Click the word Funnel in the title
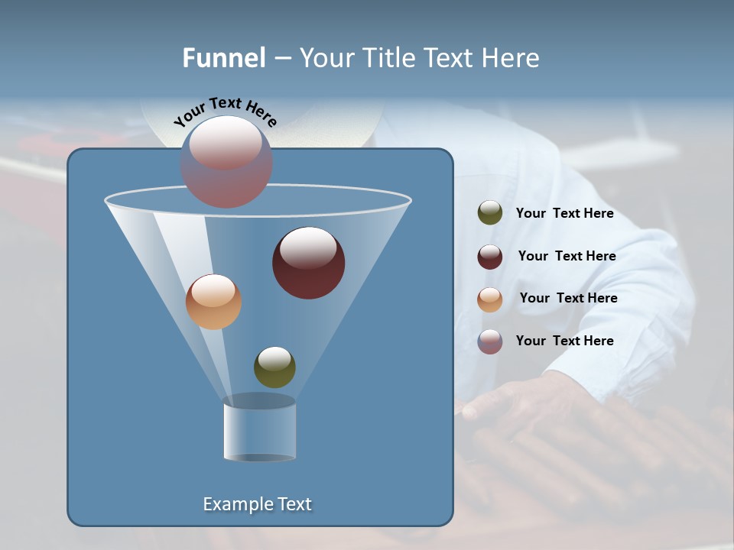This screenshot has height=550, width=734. click(223, 58)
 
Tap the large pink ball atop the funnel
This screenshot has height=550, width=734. click(226, 161)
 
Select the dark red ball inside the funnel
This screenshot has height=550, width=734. click(308, 263)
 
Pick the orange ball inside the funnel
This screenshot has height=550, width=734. click(213, 302)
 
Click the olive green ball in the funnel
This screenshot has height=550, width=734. click(274, 367)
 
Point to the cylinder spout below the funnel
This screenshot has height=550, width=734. click(259, 429)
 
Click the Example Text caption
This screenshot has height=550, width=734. click(257, 504)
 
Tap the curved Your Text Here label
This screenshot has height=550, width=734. click(226, 112)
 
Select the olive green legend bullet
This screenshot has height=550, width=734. click(490, 213)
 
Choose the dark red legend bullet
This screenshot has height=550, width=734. click(490, 257)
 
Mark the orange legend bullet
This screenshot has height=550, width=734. click(490, 299)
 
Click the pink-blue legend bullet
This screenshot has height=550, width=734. click(490, 341)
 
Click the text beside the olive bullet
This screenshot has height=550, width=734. click(564, 214)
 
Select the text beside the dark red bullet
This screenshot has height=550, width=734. click(567, 257)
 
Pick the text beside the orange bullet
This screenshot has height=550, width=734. click(568, 299)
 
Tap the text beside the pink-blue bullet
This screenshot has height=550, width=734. click(564, 341)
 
